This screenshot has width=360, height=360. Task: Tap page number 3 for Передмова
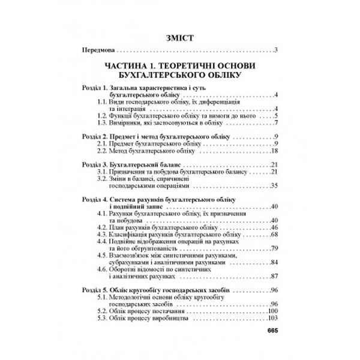(x=274, y=50)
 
